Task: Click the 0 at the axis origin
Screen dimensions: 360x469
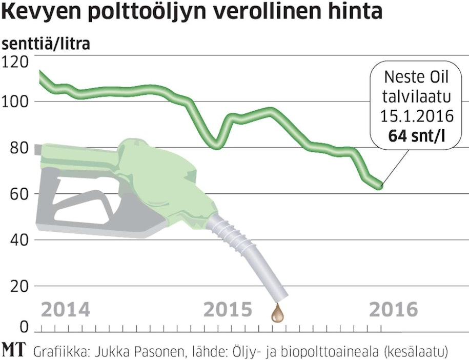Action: pyautogui.click(x=7, y=327)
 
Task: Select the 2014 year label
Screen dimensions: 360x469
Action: pyautogui.click(x=65, y=310)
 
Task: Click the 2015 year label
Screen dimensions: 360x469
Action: pyautogui.click(x=228, y=310)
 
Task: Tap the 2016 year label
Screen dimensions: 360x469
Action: pyautogui.click(x=393, y=310)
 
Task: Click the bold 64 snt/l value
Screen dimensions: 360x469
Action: pyautogui.click(x=416, y=137)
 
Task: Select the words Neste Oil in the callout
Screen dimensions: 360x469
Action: pyautogui.click(x=416, y=78)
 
